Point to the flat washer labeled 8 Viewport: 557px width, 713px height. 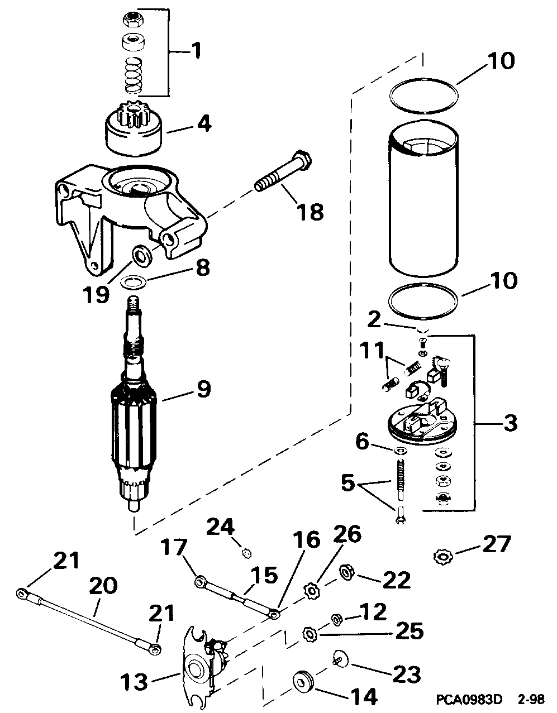[x=135, y=281]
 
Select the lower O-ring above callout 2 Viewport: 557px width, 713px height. [x=423, y=301]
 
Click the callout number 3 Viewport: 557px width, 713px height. [x=510, y=423]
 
